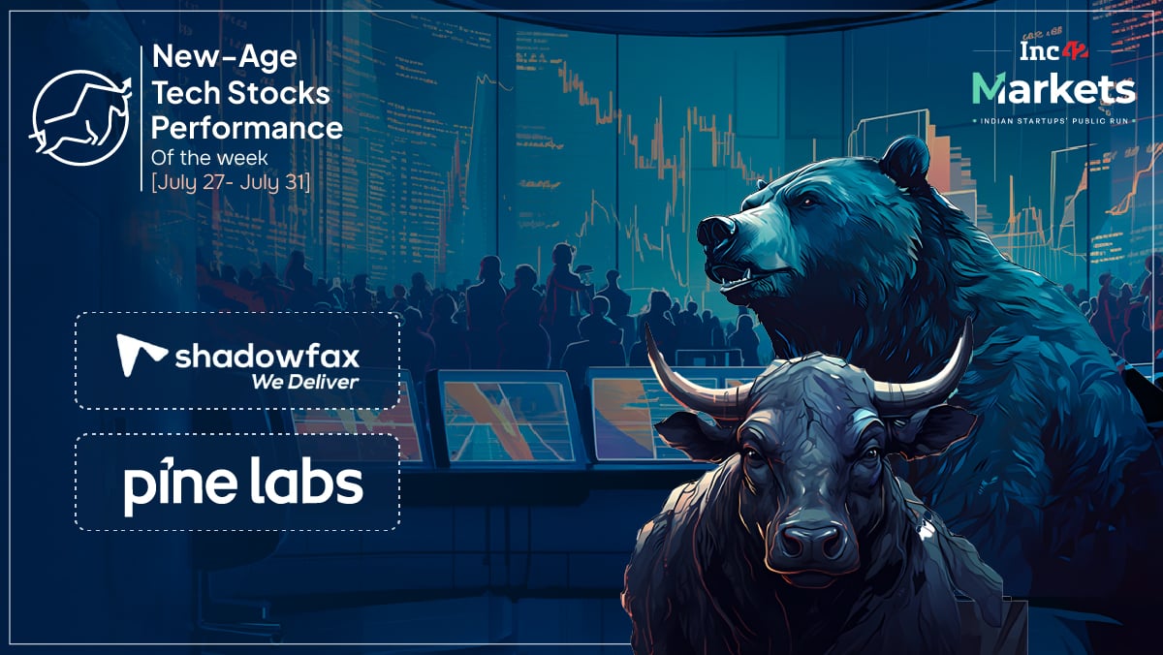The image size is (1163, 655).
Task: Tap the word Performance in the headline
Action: pos(247,128)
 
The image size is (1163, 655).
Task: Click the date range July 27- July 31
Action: pos(231,183)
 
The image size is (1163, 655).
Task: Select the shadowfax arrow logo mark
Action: pos(141,355)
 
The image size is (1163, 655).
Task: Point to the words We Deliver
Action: pos(304,382)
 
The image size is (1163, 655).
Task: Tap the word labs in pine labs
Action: pos(305,479)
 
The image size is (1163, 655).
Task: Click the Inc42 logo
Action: pos(1053,51)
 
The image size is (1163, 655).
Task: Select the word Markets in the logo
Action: pos(1053,88)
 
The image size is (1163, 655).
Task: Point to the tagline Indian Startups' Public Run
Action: pos(1053,121)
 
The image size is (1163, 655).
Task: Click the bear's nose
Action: pos(716,231)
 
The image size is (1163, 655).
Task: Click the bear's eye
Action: pos(808,202)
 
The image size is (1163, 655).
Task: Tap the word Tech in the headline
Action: pos(186,93)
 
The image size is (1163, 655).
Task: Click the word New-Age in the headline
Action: pos(224,57)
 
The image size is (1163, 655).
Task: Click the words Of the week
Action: pos(209,158)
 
